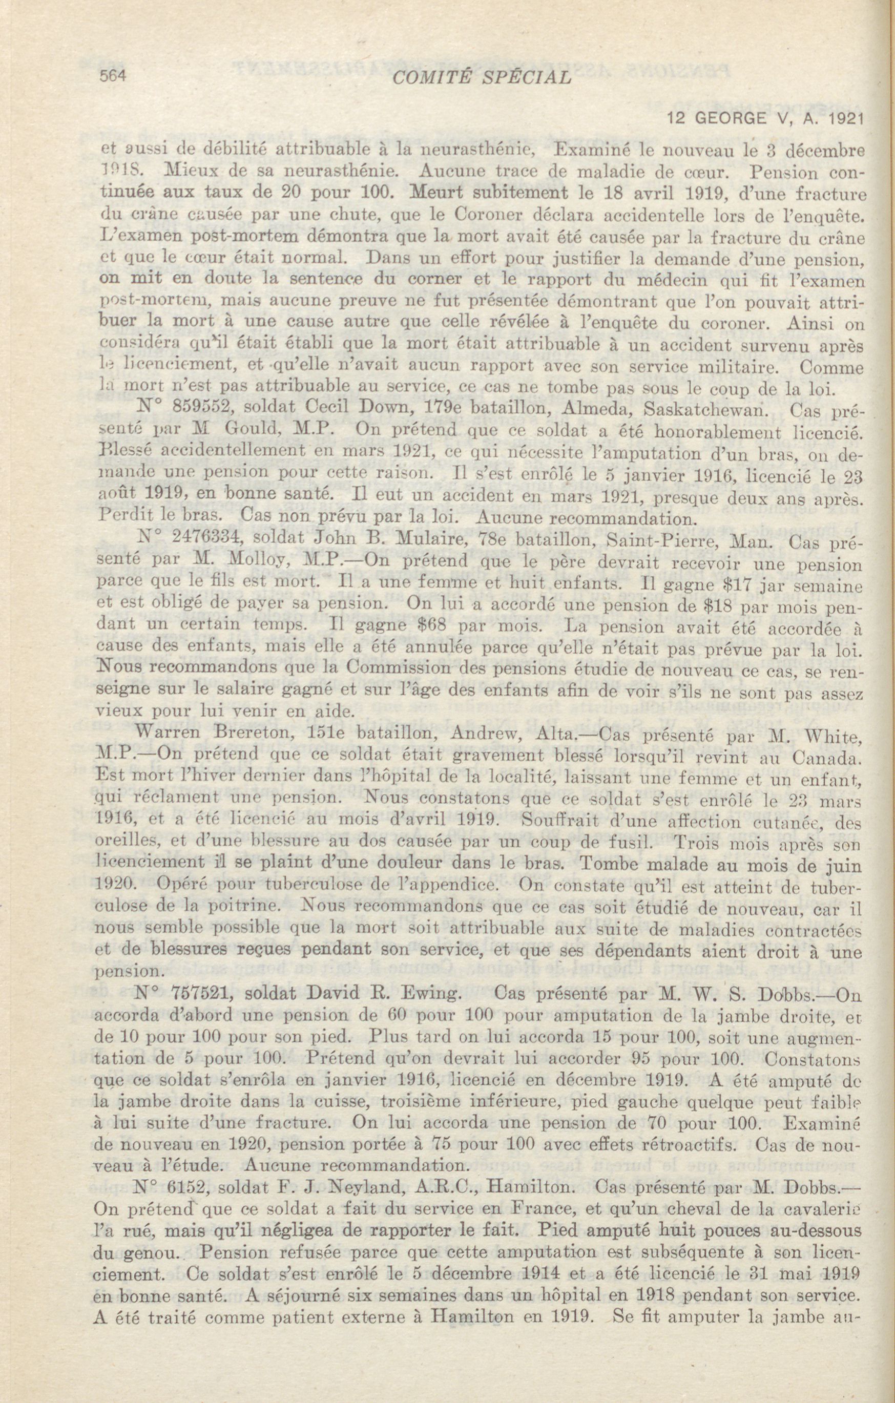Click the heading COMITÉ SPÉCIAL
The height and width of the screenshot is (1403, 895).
[x=482, y=78]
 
